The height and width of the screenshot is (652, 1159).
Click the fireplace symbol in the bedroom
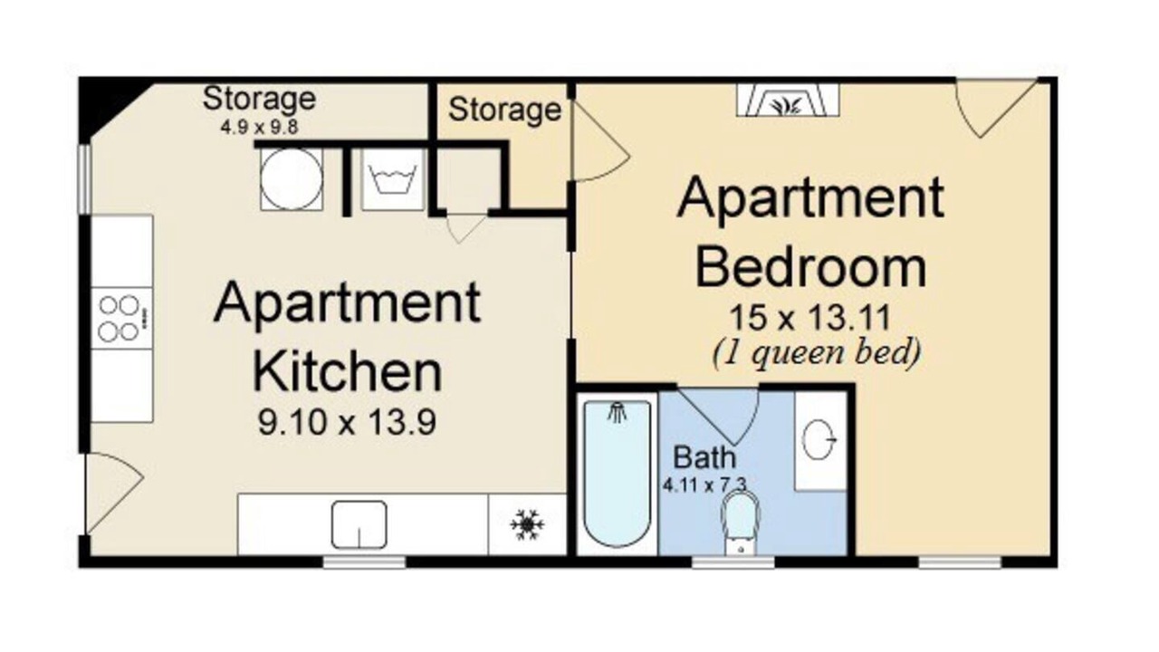coord(788,101)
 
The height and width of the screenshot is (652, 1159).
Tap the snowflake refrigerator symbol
coord(527,524)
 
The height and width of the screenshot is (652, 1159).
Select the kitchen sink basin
coord(359,524)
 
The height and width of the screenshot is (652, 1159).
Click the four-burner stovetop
coord(122,318)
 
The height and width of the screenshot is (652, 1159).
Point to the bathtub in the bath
coord(617,474)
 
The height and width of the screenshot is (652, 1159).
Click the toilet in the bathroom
coord(741,523)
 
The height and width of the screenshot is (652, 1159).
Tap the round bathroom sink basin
coord(819,440)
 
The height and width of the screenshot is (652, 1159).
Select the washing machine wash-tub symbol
coord(393,179)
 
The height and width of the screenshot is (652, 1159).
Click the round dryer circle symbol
coord(292,179)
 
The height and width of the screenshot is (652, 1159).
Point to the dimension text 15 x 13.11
coord(809,317)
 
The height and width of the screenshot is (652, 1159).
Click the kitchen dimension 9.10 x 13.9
coord(347,422)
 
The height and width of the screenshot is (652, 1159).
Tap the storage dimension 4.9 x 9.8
coord(259,127)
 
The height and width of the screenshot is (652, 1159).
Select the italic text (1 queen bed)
coord(817,353)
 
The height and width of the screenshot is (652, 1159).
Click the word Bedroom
coord(810,268)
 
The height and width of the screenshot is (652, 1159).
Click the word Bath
coord(704,457)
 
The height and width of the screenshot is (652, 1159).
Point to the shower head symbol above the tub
coord(617,412)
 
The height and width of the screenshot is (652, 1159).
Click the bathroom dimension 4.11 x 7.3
coord(704,485)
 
